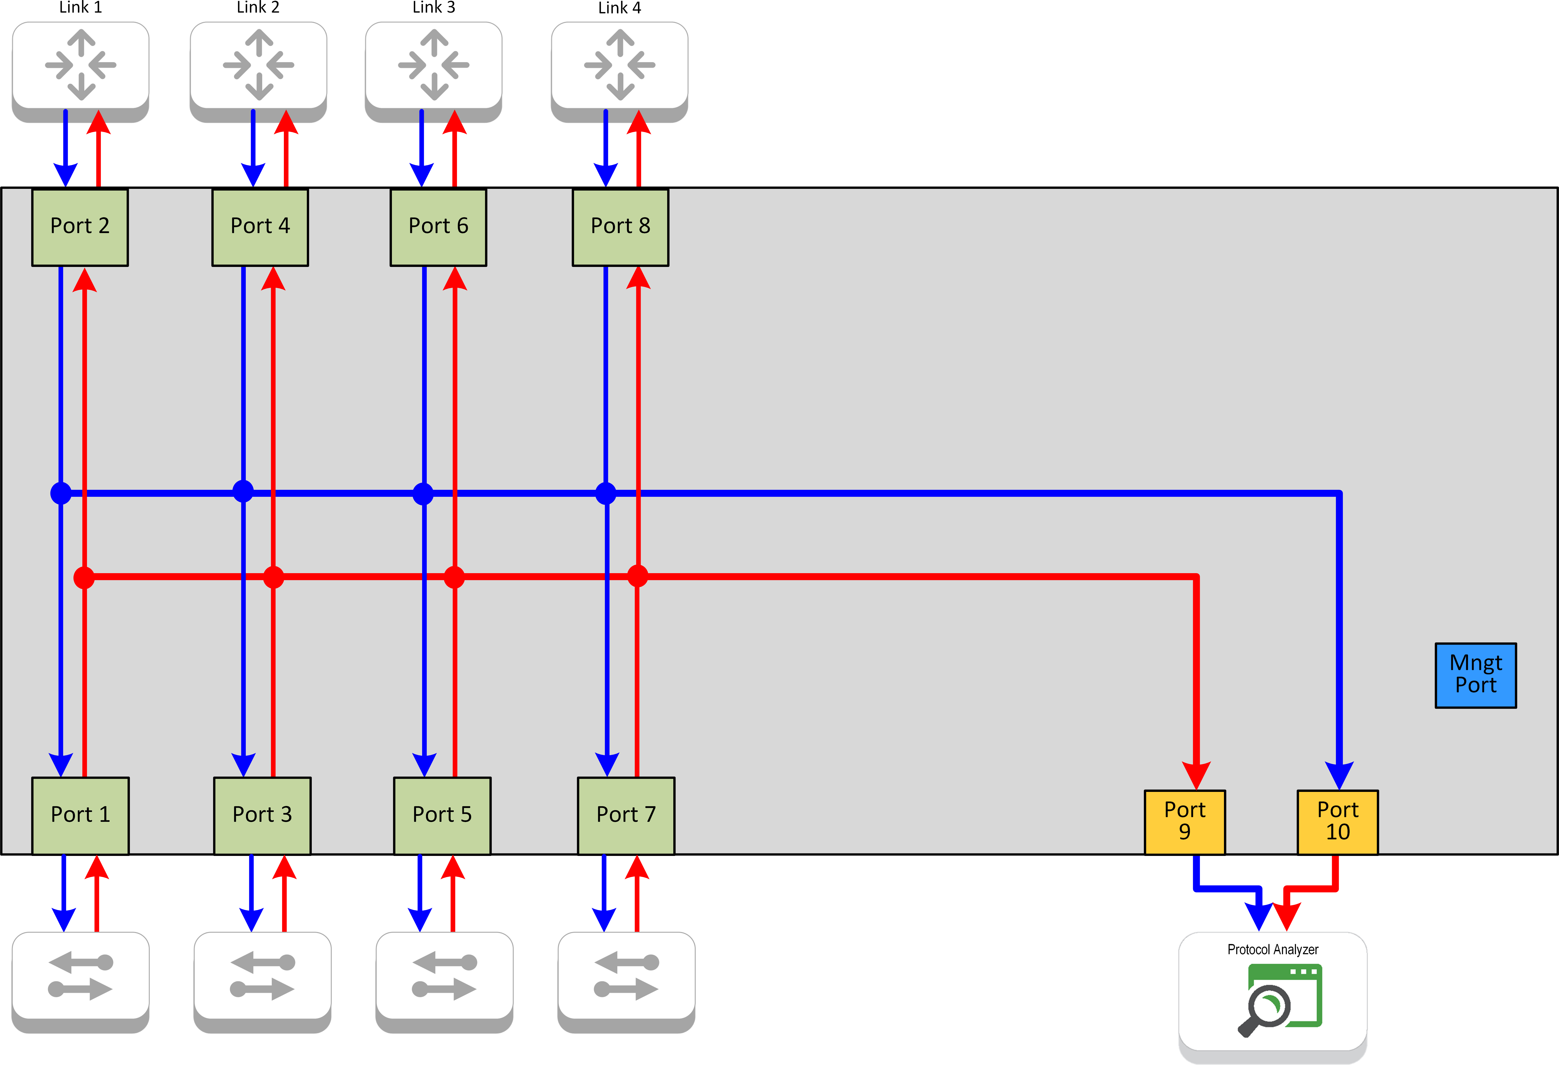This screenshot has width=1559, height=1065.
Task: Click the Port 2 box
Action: (80, 227)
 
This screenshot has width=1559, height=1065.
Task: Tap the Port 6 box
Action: (438, 227)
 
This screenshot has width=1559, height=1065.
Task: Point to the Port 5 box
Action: (442, 815)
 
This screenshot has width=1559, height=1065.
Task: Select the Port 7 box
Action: (626, 815)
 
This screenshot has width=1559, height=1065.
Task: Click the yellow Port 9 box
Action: (1185, 821)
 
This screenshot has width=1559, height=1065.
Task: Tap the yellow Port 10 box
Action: (1338, 821)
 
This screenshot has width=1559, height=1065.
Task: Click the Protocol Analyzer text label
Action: (1273, 950)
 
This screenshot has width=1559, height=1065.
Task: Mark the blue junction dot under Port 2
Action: (61, 494)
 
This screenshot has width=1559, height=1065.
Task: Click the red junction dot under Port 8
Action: (637, 576)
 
